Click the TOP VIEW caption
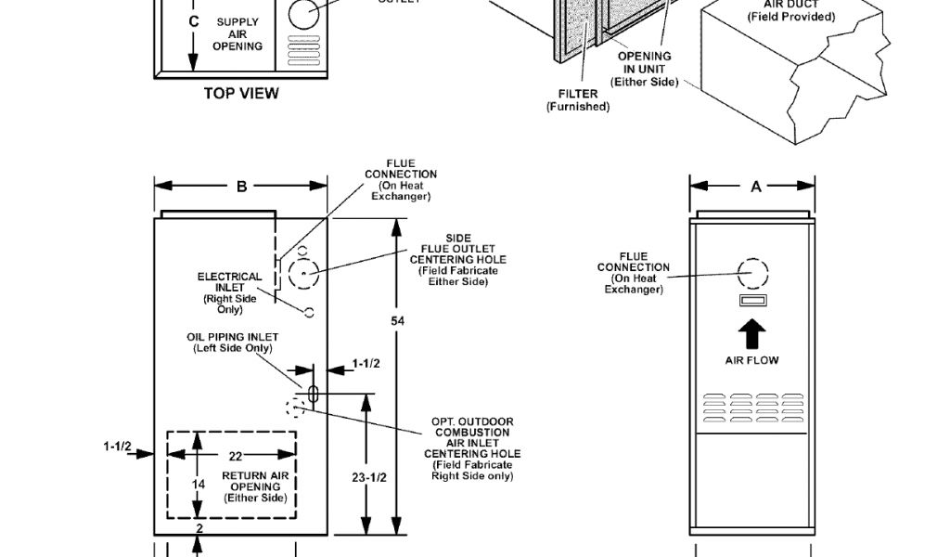241,93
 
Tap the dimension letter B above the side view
241,186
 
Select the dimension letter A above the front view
756,186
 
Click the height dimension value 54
397,320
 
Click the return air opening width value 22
236,455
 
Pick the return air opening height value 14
198,484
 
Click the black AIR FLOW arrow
752,334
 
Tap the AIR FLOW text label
752,359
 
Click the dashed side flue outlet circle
303,274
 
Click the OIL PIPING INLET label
232,343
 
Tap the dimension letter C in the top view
193,20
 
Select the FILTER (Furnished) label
578,100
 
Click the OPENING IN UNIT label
645,69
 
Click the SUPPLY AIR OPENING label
238,33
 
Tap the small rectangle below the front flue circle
752,301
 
